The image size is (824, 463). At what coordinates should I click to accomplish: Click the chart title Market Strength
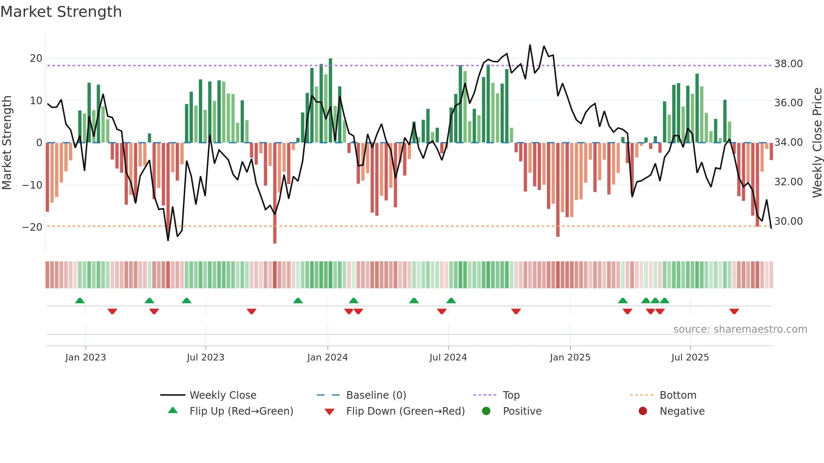(61, 12)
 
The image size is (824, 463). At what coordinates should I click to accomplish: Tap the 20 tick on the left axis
(36, 58)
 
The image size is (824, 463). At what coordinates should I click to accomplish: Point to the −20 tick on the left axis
(32, 227)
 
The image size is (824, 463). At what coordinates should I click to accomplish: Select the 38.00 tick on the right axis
(788, 64)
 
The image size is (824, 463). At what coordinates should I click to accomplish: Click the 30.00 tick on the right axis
(788, 221)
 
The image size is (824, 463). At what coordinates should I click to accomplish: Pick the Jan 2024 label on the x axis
(327, 358)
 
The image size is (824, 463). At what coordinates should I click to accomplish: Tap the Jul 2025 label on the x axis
(690, 358)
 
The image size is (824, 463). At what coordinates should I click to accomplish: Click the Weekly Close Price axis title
(817, 143)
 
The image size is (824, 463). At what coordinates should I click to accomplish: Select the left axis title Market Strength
(7, 143)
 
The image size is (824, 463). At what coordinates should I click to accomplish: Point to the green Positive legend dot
(486, 411)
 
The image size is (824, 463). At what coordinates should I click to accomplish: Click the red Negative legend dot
(643, 411)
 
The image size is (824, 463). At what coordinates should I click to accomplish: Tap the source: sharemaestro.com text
(740, 329)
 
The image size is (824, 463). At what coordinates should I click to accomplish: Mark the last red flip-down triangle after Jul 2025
(734, 311)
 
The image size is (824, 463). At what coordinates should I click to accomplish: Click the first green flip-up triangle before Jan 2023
(80, 300)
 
